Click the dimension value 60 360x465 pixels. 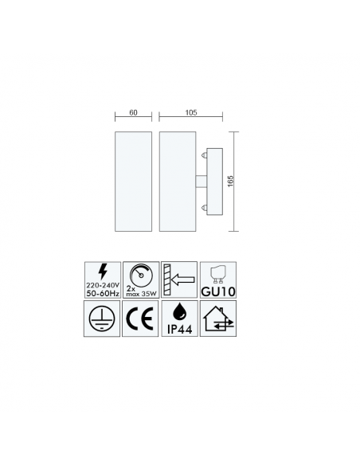point(133,113)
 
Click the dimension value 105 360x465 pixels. point(191,113)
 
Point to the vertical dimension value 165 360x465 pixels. point(231,182)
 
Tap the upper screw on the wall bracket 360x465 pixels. point(204,154)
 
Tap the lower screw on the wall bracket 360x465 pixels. point(204,208)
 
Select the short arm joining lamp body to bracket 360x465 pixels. point(201,182)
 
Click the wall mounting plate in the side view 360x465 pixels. point(215,182)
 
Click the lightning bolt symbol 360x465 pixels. point(103,272)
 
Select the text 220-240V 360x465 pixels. point(103,285)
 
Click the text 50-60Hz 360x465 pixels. point(103,293)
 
